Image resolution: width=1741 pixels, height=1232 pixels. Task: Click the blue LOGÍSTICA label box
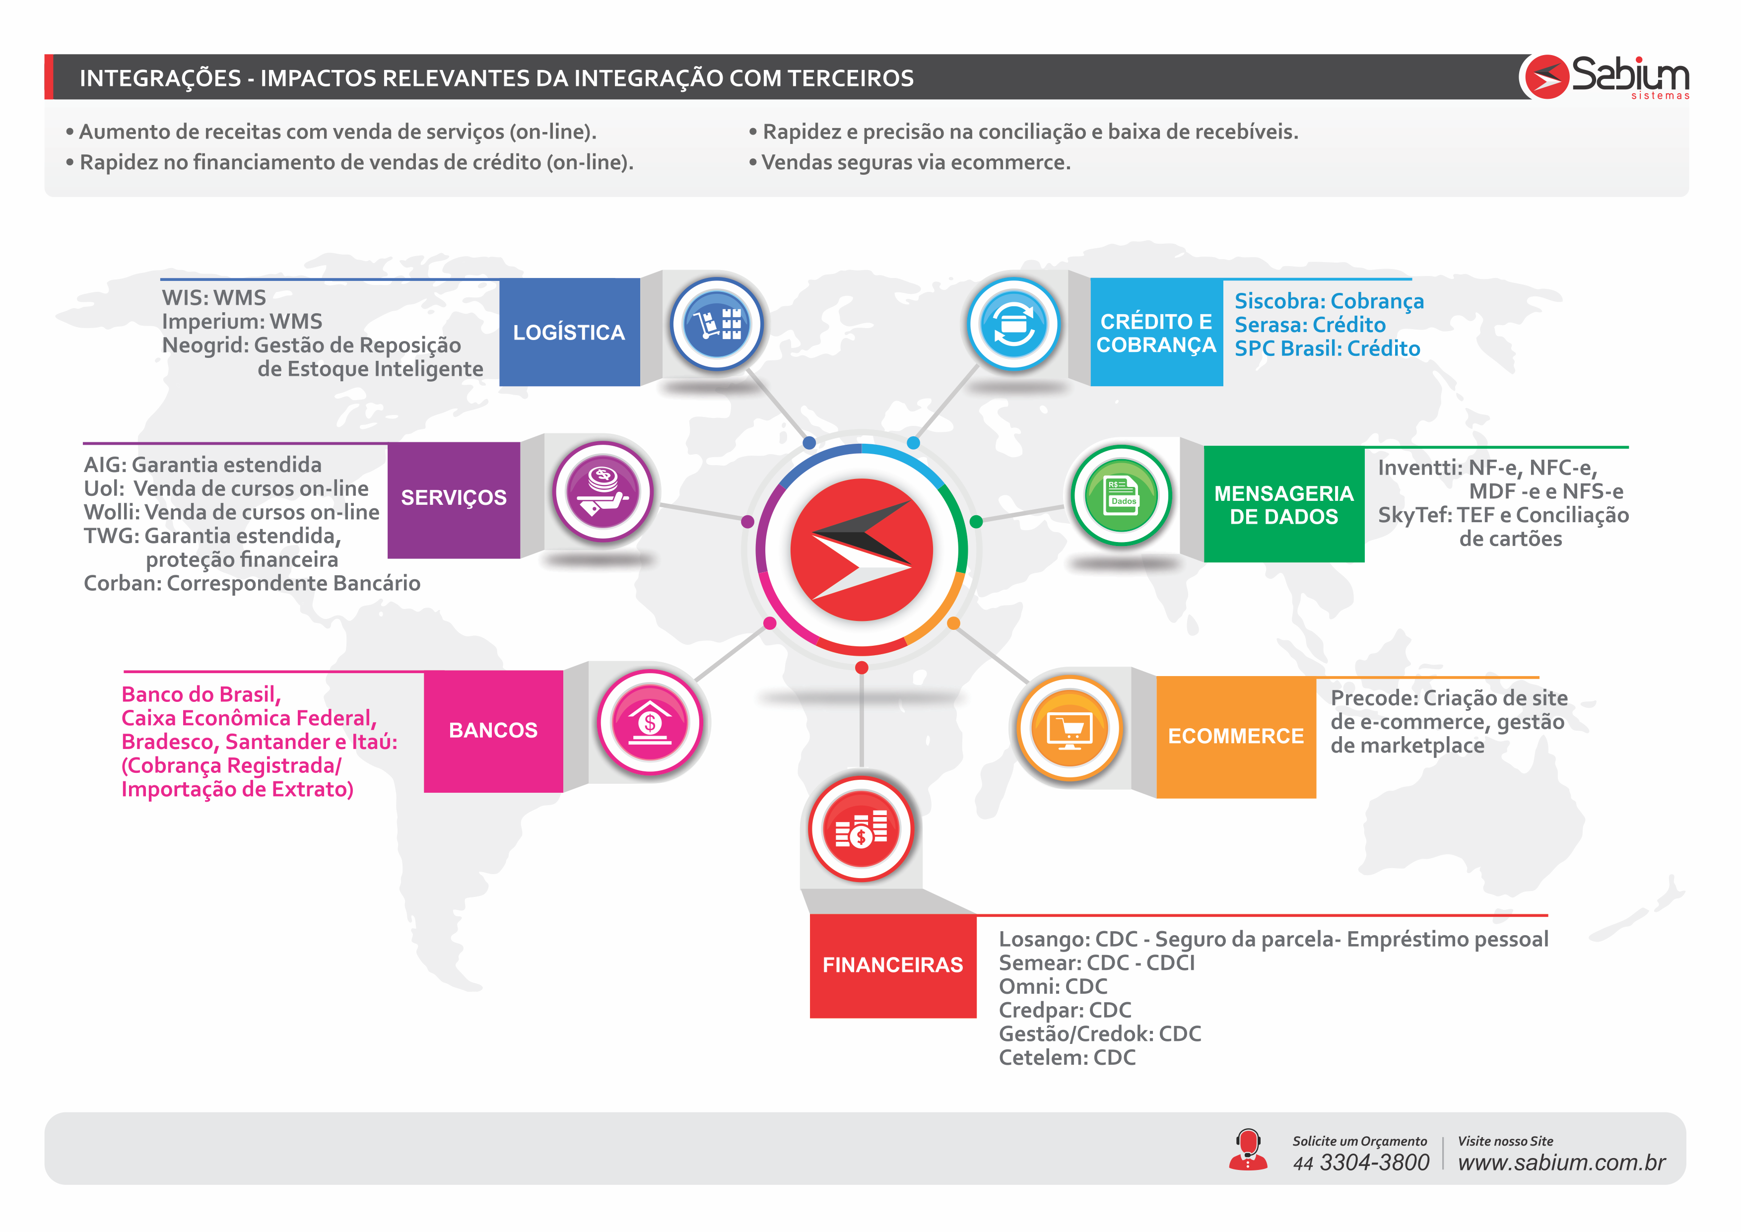(x=569, y=332)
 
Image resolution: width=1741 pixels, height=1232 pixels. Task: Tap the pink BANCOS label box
(x=494, y=731)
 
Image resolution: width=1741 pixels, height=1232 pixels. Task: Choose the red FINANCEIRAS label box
(x=893, y=966)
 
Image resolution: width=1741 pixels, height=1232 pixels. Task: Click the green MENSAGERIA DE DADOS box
(x=1284, y=504)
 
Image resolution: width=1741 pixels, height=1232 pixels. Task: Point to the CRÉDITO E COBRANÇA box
(x=1156, y=332)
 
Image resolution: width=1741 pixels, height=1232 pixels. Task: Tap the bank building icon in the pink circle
(x=650, y=721)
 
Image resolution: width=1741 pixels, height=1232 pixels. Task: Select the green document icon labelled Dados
(x=1122, y=494)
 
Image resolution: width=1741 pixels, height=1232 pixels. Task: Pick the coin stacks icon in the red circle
(x=862, y=828)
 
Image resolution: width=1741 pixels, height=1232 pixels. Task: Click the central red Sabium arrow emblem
(x=862, y=550)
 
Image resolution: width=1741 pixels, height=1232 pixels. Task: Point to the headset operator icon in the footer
(x=1248, y=1149)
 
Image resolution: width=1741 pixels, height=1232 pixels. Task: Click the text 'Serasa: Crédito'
(x=1310, y=325)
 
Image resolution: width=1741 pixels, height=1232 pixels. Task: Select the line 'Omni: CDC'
(x=1053, y=986)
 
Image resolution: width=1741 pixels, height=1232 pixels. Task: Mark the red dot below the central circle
(x=862, y=668)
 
